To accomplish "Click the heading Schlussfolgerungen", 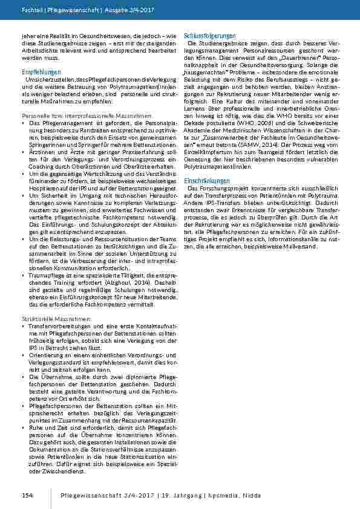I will tap(210, 37).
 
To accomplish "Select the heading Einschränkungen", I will tap(207, 181).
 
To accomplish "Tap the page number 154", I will tap(27, 495).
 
